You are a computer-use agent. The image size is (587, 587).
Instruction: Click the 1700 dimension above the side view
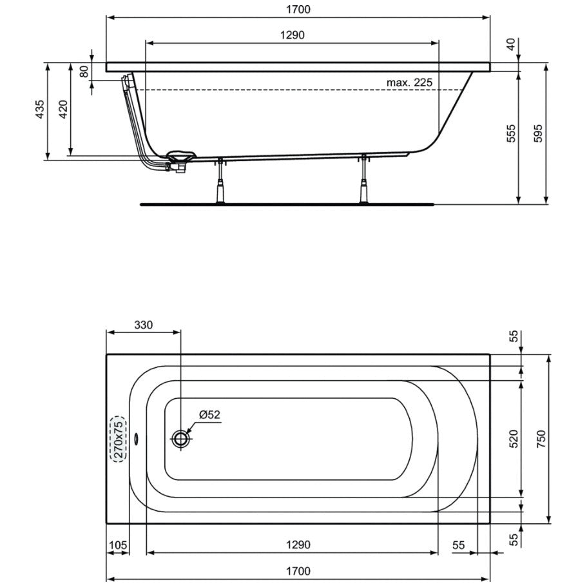(298, 10)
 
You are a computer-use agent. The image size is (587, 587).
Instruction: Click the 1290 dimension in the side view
(293, 35)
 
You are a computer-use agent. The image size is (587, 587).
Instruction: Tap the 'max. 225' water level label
(409, 82)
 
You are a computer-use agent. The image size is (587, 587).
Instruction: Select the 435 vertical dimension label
(40, 110)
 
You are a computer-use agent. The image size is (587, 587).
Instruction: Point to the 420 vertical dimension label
(63, 110)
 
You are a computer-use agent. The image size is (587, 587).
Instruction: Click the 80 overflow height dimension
(84, 71)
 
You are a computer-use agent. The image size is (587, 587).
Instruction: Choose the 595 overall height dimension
(537, 133)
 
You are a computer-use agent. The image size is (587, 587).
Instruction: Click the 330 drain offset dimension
(144, 325)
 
